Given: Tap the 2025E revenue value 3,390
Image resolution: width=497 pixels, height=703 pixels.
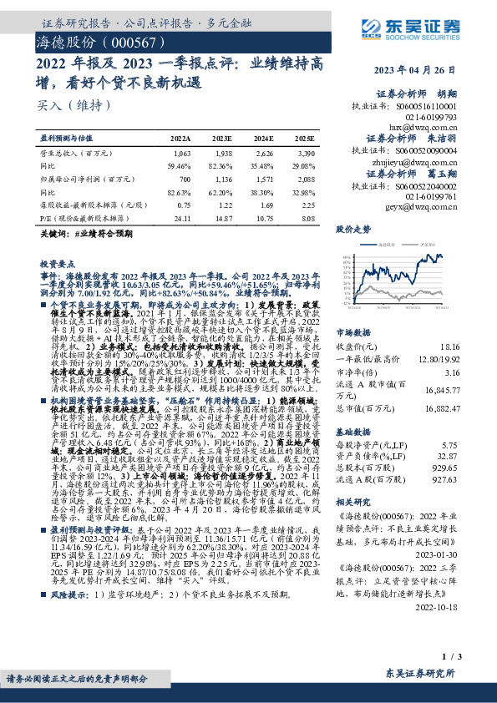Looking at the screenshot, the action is (x=305, y=154).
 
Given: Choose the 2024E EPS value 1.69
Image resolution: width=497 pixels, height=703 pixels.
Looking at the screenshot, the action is (x=264, y=205).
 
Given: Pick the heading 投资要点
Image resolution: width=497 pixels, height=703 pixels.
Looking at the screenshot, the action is (x=57, y=263).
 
